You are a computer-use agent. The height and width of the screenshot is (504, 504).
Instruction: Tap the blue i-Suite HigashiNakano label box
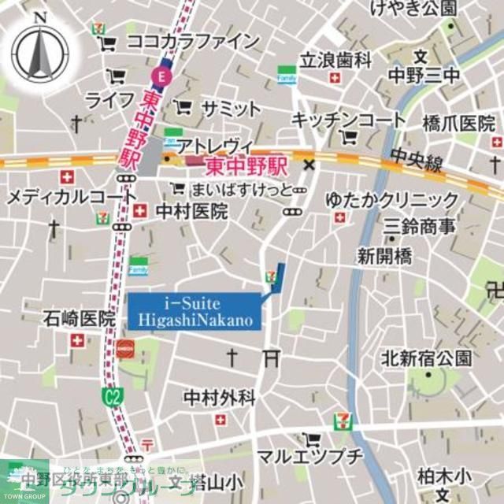195,310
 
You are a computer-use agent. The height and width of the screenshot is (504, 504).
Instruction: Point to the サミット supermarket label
230,108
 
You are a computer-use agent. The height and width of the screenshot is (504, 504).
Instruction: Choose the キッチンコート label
349,120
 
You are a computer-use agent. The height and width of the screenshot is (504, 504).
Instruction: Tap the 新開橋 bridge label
387,255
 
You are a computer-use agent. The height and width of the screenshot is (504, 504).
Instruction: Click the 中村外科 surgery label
219,398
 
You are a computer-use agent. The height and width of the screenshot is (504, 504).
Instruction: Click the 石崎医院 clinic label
79,319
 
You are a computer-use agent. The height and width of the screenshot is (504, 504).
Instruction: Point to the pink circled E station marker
160,76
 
